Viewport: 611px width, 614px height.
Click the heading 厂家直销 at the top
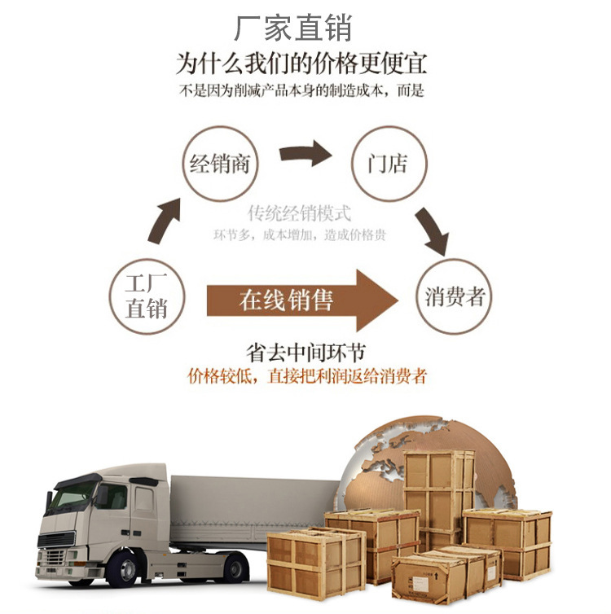[x=292, y=28]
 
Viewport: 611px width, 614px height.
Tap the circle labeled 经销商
[x=220, y=164]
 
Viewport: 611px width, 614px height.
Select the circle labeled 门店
[x=387, y=164]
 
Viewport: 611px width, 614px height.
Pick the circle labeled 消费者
[x=454, y=296]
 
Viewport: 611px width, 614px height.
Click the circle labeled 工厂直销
[x=147, y=296]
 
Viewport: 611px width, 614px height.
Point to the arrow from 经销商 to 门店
[x=305, y=153]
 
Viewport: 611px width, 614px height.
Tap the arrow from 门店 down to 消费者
[x=431, y=230]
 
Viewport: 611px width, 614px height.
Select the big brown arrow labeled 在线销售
[x=301, y=300]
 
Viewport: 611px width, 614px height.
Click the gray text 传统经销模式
[x=300, y=214]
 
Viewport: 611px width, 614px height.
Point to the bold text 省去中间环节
[x=305, y=353]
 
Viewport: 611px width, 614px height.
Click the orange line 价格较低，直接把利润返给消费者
[x=306, y=376]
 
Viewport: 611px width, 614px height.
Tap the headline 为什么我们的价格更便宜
[x=301, y=64]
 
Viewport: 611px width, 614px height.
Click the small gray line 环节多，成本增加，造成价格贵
[x=300, y=235]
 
